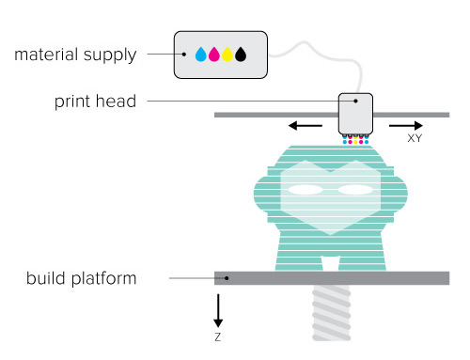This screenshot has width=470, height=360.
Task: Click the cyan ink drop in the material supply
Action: [200, 55]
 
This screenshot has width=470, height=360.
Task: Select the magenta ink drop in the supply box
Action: [213, 55]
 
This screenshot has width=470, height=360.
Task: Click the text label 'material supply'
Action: [75, 55]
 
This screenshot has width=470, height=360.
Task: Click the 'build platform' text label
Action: [82, 278]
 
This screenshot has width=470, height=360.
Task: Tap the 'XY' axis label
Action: [414, 138]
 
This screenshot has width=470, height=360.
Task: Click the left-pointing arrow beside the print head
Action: [305, 124]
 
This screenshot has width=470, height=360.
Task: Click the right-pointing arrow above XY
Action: [405, 124]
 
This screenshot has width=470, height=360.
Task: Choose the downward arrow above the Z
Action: [218, 309]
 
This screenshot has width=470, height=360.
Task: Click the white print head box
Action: [355, 114]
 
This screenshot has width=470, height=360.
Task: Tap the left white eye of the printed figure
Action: [305, 190]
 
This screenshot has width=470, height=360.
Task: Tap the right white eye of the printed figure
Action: [355, 190]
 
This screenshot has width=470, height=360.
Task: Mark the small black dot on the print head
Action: [356, 101]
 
